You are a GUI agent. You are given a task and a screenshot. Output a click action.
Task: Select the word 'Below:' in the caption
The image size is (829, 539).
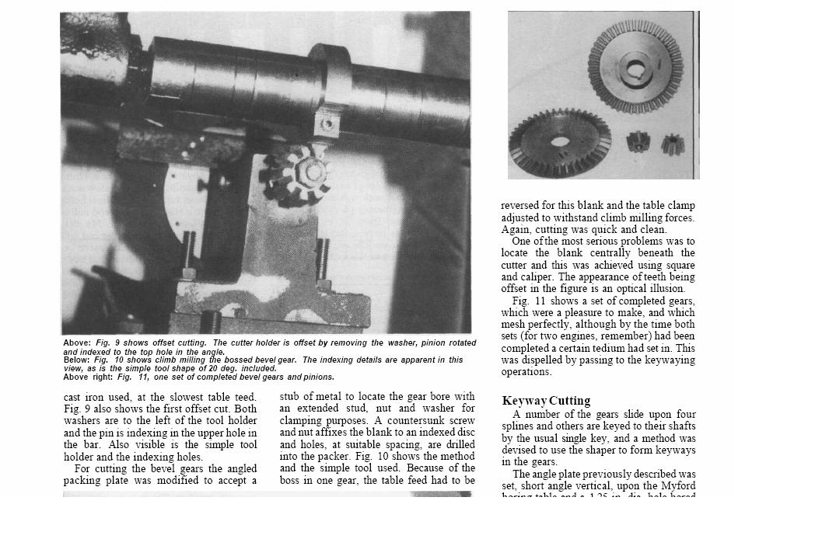click(x=77, y=360)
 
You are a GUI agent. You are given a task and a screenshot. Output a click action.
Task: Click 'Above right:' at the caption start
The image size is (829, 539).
click(x=89, y=377)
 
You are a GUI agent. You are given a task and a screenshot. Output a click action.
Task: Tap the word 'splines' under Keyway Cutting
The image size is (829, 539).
click(x=519, y=426)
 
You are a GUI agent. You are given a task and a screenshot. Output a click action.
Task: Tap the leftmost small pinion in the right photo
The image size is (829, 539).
click(x=638, y=143)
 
